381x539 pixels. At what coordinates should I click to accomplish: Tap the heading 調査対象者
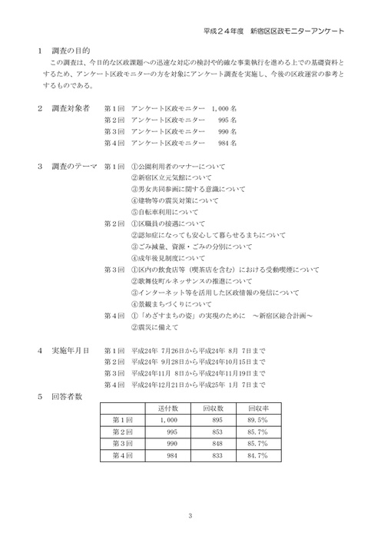(x=70, y=108)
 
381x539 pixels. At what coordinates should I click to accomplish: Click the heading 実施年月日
(x=69, y=349)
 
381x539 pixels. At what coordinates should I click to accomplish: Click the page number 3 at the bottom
(x=190, y=515)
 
